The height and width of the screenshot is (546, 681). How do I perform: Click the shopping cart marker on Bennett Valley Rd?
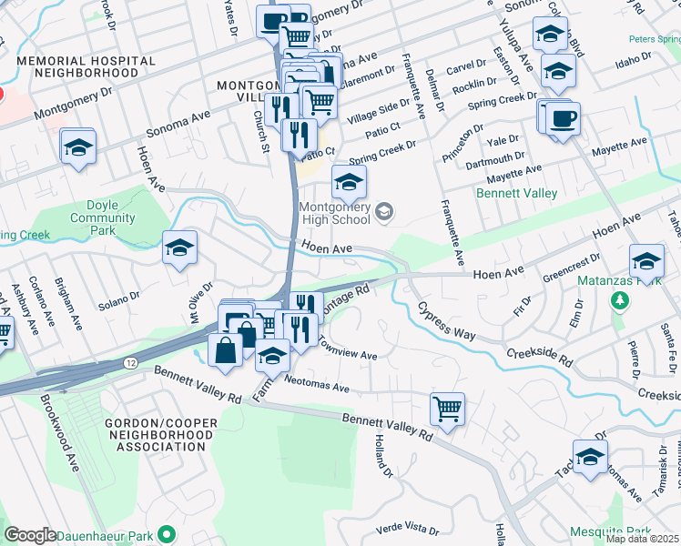coord(447,409)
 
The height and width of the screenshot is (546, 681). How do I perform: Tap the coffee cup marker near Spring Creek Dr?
coord(563,117)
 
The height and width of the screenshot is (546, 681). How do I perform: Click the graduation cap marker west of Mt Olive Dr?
coord(179,248)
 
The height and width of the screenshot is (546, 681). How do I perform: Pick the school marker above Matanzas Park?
coord(646,260)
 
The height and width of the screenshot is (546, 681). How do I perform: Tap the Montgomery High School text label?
coord(335,213)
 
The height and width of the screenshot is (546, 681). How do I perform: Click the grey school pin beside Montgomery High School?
coord(384,213)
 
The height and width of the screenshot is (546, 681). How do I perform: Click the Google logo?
coord(30,535)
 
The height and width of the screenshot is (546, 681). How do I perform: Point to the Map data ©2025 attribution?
coord(643,539)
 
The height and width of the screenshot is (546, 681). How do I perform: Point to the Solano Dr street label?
coord(119,296)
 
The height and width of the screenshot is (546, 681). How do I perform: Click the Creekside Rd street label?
coord(539,356)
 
